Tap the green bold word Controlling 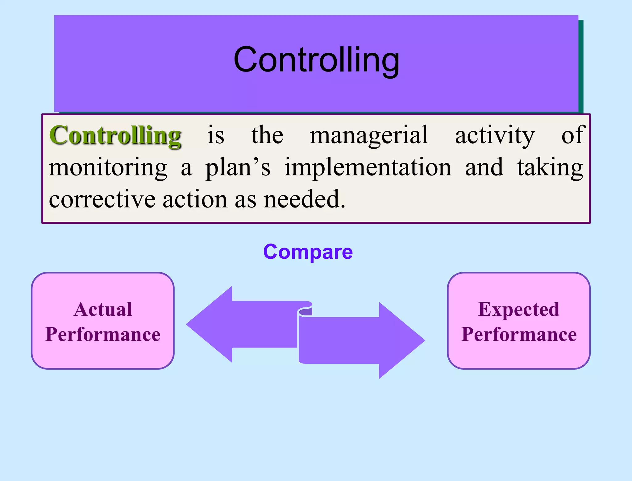pos(115,135)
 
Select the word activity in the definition pos(495,135)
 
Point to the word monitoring pos(108,168)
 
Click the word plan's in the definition pos(238,168)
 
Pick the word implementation pos(368,168)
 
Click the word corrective pos(102,199)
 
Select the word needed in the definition pos(304,199)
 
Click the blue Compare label pos(308,252)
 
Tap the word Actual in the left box pos(103,309)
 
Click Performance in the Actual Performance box pos(103,335)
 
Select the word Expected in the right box pos(519,309)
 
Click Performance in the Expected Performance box pos(519,335)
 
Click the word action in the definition pos(195,199)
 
